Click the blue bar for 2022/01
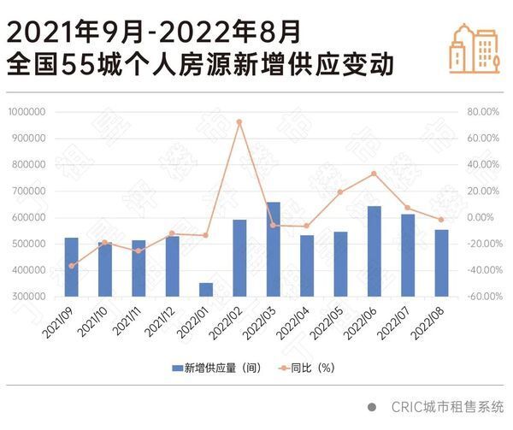(206, 289)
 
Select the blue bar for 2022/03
(273, 250)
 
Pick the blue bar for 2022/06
(374, 251)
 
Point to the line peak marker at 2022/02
(239, 121)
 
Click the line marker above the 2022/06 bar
(374, 174)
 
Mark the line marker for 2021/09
(71, 266)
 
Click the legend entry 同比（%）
(316, 368)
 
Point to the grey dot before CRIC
(373, 407)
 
